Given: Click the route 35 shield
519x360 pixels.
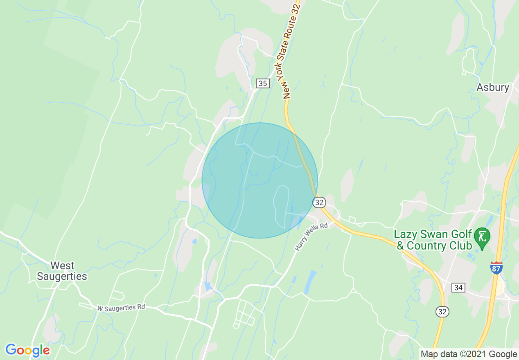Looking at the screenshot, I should click(262, 83).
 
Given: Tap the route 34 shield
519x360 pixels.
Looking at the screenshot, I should click(458, 288).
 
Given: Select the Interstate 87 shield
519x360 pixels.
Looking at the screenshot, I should click(496, 268).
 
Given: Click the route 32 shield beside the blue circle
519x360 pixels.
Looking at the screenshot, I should click(319, 202).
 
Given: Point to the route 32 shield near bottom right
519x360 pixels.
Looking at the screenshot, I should click(442, 312).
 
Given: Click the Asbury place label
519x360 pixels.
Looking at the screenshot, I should click(493, 87).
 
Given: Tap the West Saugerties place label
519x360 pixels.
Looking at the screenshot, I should click(62, 271).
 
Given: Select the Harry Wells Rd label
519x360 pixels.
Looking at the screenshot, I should click(311, 236).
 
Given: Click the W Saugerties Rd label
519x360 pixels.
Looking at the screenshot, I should click(121, 307).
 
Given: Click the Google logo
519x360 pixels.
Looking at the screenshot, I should click(27, 350).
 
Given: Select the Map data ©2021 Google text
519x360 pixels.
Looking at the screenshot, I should click(469, 354).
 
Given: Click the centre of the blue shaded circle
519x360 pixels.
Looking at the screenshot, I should click(259, 180).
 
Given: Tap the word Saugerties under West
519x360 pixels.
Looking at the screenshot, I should click(62, 277).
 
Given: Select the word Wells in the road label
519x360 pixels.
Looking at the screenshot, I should click(312, 236).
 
